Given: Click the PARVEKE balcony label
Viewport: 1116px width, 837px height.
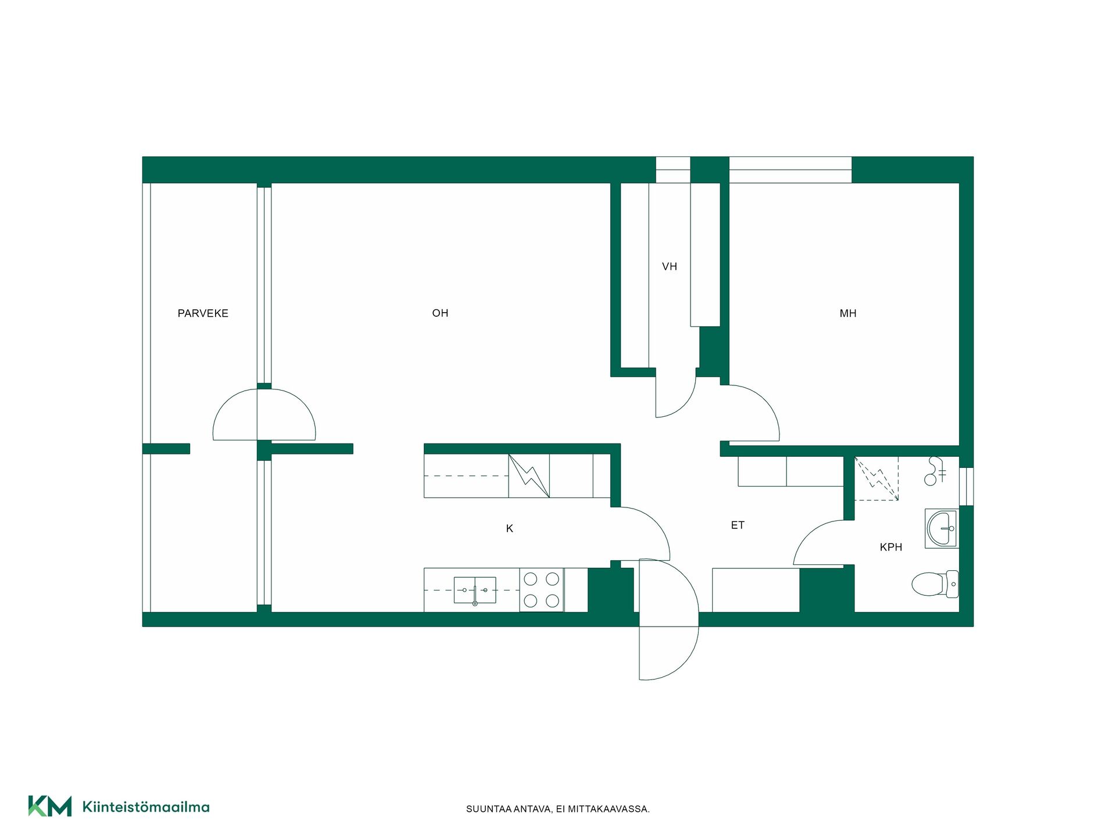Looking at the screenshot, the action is pyautogui.click(x=203, y=313).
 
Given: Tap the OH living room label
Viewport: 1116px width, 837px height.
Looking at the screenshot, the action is pyautogui.click(x=440, y=313).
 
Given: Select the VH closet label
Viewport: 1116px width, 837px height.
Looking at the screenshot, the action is pyautogui.click(x=670, y=267).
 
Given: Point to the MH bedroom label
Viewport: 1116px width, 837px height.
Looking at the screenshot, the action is pyautogui.click(x=848, y=313).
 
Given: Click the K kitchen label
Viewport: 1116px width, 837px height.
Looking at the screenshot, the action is pyautogui.click(x=510, y=528).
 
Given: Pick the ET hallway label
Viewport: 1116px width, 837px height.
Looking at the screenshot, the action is pyautogui.click(x=738, y=525).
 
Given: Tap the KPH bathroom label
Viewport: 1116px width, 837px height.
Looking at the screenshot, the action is pyautogui.click(x=891, y=547).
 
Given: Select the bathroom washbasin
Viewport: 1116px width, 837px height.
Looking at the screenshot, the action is pyautogui.click(x=942, y=528).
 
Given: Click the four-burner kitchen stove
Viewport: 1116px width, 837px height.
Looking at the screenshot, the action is pyautogui.click(x=542, y=590).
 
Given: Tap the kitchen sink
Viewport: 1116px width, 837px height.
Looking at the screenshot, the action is pyautogui.click(x=475, y=590).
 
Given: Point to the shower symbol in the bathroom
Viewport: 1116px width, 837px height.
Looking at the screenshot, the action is pyautogui.click(x=934, y=471).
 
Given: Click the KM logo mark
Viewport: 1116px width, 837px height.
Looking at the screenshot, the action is pyautogui.click(x=50, y=806).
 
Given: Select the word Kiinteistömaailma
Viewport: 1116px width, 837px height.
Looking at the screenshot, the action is pyautogui.click(x=146, y=807).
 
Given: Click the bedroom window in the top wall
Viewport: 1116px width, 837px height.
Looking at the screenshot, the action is pyautogui.click(x=791, y=170).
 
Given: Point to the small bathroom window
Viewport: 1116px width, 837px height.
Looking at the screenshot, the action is pyautogui.click(x=966, y=487).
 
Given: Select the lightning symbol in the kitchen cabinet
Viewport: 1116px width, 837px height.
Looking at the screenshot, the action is pyautogui.click(x=529, y=476).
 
